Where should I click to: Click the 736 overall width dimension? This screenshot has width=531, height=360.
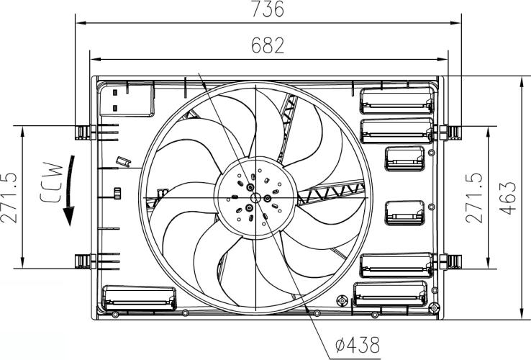[x=267, y=9]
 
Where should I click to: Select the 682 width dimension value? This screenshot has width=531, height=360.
[x=268, y=45]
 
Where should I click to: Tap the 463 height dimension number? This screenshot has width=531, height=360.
[x=508, y=198]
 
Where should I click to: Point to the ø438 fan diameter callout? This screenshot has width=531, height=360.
[x=358, y=345]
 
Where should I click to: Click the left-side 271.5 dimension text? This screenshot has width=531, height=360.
[x=9, y=197]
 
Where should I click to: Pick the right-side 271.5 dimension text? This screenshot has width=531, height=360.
[x=473, y=197]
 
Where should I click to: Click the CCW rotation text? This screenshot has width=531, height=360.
[x=52, y=183]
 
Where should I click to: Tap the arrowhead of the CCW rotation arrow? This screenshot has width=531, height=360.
[x=69, y=216]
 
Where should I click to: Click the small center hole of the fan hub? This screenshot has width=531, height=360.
[x=255, y=197]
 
